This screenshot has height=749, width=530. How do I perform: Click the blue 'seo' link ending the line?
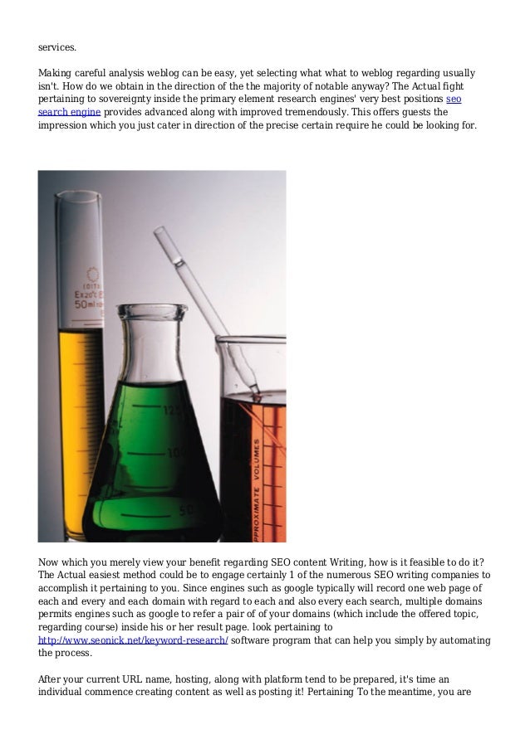454,98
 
